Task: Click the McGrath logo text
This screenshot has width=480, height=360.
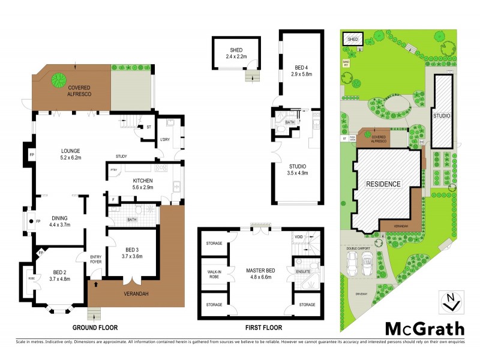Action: click(x=424, y=328)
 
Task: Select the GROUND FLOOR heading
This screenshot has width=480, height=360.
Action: click(x=95, y=328)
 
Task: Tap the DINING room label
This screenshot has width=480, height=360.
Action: click(x=59, y=221)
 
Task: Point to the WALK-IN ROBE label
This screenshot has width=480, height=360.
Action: click(x=214, y=274)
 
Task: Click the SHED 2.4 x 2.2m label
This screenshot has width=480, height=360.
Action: click(x=236, y=53)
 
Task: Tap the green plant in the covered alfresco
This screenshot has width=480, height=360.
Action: click(x=59, y=79)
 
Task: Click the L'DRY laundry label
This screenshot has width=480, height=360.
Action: click(x=166, y=140)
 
